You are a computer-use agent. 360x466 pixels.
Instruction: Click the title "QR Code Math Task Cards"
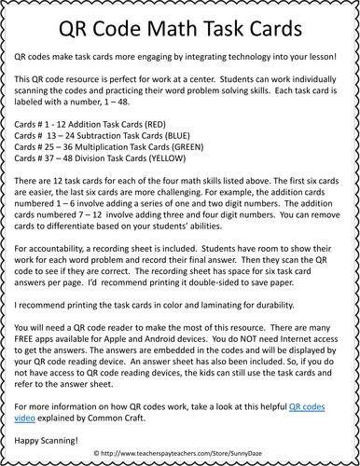pos(180,29)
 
